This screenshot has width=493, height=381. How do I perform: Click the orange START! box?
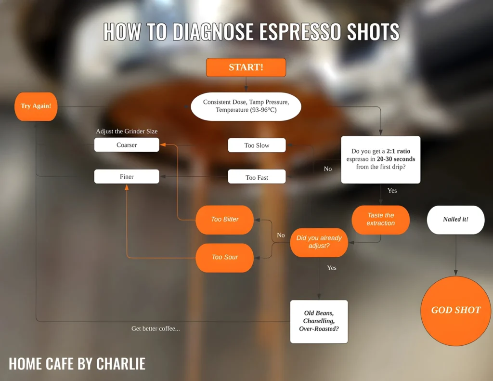click(246, 67)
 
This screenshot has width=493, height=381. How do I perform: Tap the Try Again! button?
click(36, 106)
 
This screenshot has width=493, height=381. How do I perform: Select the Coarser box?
click(127, 145)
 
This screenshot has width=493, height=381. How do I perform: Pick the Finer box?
click(127, 177)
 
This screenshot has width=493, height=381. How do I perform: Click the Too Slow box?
click(257, 145)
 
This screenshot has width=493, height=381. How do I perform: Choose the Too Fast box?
click(257, 177)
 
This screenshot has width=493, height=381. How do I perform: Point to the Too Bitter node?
click(225, 220)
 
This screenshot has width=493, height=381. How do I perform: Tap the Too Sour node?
click(225, 257)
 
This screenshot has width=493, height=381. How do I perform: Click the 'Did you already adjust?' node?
click(319, 242)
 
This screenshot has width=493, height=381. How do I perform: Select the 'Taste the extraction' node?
click(380, 220)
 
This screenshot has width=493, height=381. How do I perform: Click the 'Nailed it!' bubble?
click(455, 220)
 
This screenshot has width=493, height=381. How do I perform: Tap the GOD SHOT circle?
click(455, 311)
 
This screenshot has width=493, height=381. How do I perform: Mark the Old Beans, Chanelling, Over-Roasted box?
click(319, 321)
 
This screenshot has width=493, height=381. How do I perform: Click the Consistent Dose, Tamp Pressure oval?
click(246, 106)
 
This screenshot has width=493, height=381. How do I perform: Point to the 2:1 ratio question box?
click(380, 159)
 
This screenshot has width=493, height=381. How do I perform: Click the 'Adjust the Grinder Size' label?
click(127, 131)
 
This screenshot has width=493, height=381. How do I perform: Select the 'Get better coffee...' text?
click(156, 329)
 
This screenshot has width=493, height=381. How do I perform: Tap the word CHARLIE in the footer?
click(121, 364)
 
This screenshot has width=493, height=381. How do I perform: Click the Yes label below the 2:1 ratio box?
click(392, 191)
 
